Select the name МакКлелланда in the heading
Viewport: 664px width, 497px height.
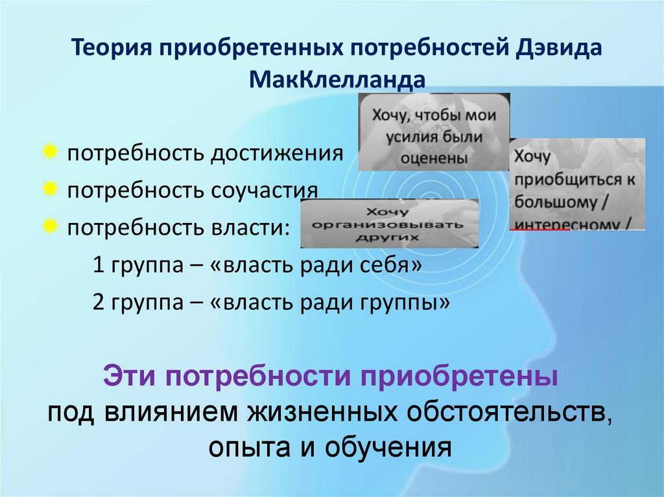coord(337,80)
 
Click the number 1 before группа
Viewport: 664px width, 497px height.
coord(98,266)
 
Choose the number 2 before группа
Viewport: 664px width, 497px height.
coord(98,303)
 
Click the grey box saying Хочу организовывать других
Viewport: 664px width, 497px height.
coord(389,224)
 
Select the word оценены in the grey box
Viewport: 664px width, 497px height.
coord(433,157)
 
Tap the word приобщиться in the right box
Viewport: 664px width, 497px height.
coord(567,179)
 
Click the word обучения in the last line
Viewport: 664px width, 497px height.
coord(387,447)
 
